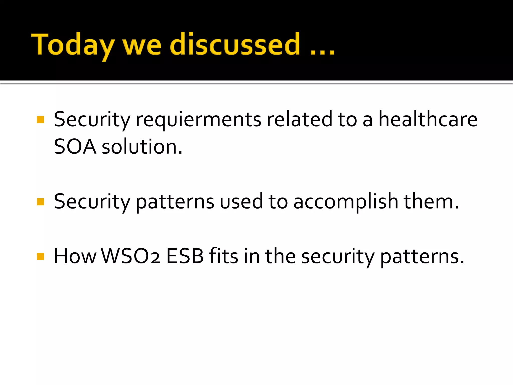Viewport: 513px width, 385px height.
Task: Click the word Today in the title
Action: click(x=73, y=45)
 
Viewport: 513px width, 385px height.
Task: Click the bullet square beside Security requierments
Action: click(x=40, y=120)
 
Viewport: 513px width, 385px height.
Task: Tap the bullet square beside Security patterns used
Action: click(x=40, y=202)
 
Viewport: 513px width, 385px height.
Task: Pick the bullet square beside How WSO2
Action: click(x=40, y=256)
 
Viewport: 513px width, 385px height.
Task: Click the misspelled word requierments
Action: click(x=198, y=120)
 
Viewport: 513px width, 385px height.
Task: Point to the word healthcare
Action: click(x=428, y=119)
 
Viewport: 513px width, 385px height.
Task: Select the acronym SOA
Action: click(x=75, y=147)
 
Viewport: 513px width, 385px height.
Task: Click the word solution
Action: click(x=142, y=147)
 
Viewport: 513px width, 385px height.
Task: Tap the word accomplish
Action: click(x=346, y=202)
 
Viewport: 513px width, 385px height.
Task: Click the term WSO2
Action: click(x=130, y=256)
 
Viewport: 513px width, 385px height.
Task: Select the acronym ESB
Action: click(x=185, y=256)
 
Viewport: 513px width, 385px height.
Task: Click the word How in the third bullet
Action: click(x=75, y=256)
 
